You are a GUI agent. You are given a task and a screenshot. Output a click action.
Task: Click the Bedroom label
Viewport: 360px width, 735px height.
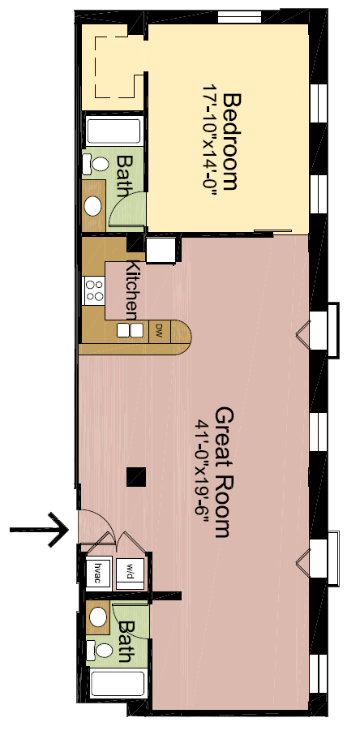(x=230, y=142)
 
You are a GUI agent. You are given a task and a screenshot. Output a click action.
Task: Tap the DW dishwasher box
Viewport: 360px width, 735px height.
(x=160, y=329)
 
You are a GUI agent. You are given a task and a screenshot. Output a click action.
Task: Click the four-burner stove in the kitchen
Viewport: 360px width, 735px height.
(x=93, y=290)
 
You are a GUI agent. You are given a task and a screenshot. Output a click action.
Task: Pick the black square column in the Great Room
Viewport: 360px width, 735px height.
(x=135, y=476)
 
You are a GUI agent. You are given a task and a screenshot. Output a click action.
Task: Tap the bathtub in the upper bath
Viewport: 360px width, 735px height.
(x=114, y=131)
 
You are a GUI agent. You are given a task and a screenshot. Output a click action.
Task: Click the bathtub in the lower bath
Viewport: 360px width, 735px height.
(x=118, y=683)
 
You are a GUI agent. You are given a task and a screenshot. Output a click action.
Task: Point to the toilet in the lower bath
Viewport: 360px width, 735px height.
(x=101, y=649)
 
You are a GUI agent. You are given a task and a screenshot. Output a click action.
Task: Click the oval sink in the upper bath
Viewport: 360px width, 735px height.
(x=93, y=203)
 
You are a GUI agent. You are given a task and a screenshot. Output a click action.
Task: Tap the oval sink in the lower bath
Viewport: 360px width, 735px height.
(x=99, y=617)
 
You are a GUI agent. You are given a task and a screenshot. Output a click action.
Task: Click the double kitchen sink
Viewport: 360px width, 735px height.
(x=130, y=330)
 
